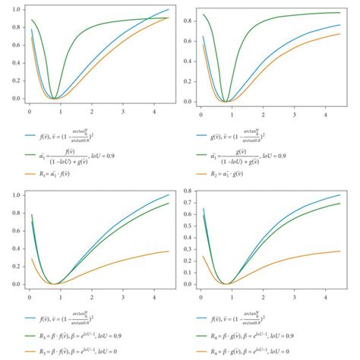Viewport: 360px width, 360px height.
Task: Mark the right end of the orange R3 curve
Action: pos(169,251)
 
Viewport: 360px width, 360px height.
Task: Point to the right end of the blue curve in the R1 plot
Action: pos(169,9)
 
